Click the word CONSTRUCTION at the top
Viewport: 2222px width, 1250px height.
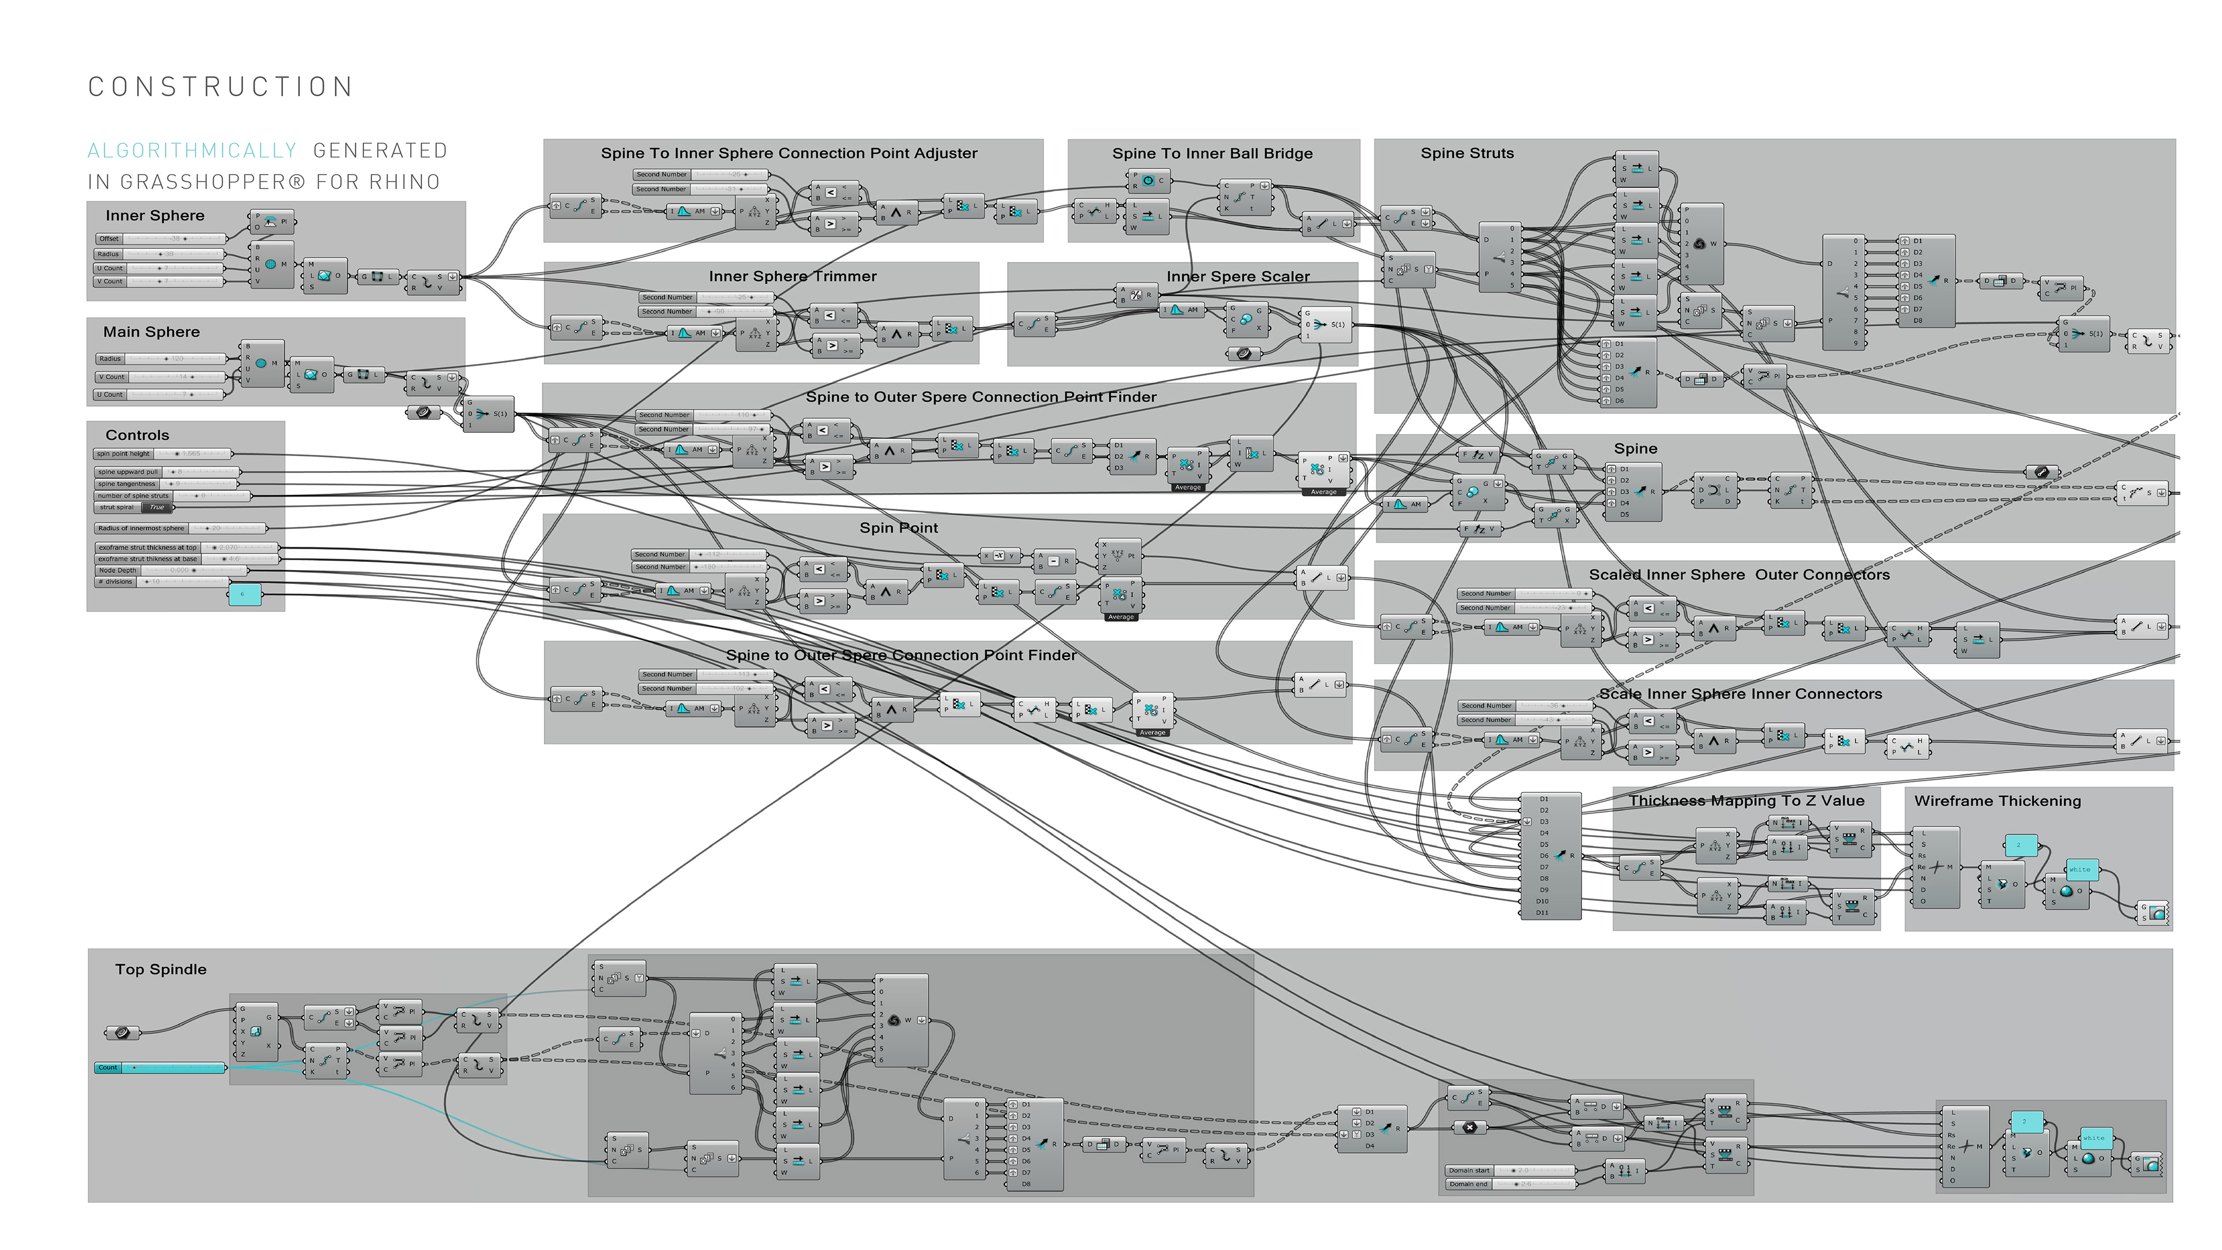(221, 87)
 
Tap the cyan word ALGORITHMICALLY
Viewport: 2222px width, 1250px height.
(192, 151)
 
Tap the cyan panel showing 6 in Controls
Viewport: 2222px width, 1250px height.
(244, 594)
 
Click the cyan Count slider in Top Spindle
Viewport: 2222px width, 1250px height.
(160, 1068)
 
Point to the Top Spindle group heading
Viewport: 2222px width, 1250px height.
(160, 970)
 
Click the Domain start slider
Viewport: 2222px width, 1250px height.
(1510, 1171)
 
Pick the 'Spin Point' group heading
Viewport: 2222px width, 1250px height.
(898, 528)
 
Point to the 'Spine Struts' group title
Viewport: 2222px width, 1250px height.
(1466, 153)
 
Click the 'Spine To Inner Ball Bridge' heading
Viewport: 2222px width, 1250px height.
(1212, 153)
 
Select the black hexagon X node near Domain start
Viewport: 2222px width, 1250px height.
(1470, 1127)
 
